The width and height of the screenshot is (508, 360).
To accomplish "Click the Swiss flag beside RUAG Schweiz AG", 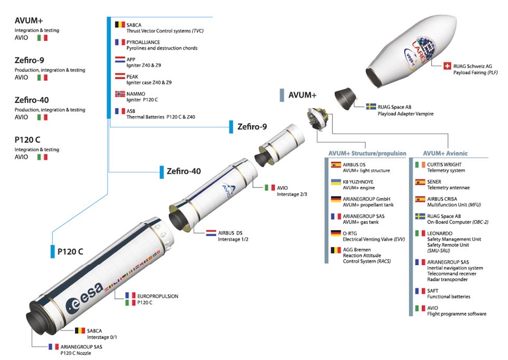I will click(447, 66).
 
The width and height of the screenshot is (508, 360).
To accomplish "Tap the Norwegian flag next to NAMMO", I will click(120, 94).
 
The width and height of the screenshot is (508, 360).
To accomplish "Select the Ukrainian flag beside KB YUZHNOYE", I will click(336, 182).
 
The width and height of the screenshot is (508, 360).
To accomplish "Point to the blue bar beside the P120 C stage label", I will click(53, 252).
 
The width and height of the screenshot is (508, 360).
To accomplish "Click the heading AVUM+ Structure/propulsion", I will click(367, 153).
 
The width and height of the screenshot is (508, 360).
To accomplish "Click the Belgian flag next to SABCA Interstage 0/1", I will click(79, 331).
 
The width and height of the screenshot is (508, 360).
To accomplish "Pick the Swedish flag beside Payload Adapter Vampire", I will click(370, 107).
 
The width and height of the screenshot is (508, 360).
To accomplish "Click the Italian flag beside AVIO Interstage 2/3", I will click(270, 188).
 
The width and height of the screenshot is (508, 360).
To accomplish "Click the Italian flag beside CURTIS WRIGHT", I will click(420, 165).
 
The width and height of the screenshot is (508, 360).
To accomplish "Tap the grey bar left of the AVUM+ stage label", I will click(282, 95).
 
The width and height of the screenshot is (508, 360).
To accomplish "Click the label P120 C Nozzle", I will click(76, 353).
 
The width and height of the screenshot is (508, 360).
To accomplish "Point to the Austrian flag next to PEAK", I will click(120, 77).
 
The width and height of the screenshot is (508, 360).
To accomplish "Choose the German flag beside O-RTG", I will click(336, 234).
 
